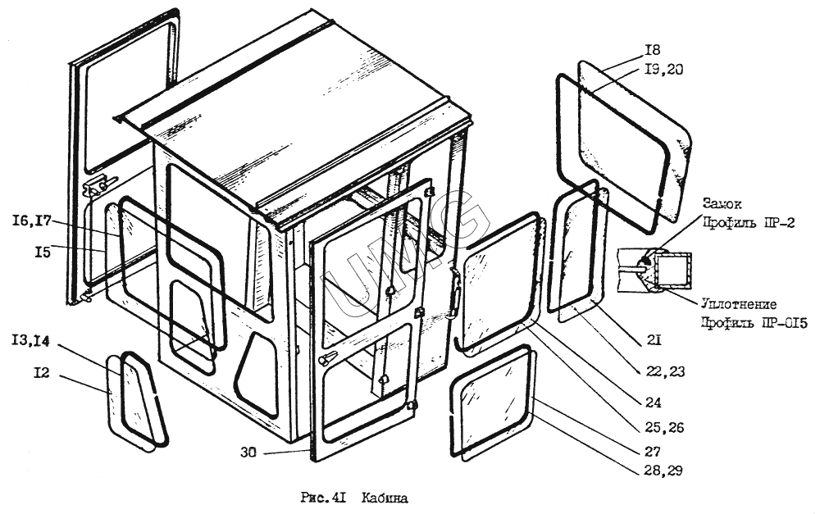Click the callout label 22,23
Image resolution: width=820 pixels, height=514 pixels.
(665, 371)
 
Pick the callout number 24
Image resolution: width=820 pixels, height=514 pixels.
(653, 403)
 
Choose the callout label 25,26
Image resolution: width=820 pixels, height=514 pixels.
(666, 427)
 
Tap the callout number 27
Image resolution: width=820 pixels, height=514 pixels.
(653, 450)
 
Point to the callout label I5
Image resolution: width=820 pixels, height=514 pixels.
(43, 252)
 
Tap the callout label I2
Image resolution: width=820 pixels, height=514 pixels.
(42, 373)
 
